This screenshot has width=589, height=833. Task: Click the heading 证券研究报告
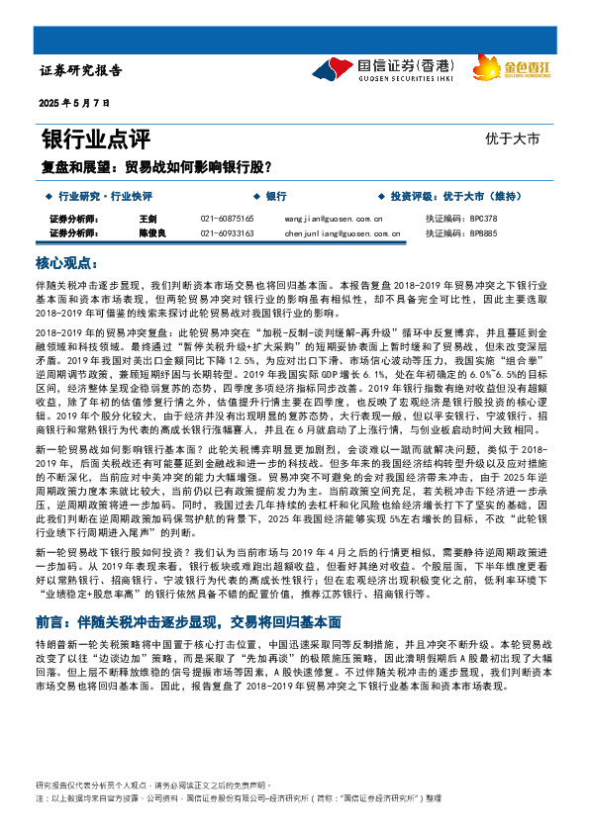tap(80, 71)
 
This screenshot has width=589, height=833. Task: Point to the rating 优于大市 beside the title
tap(513, 139)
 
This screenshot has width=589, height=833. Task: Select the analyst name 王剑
tap(148, 218)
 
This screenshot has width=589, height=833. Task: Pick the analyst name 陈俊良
tap(151, 233)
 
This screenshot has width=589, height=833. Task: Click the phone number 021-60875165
tap(227, 218)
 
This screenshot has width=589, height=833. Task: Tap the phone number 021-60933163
tap(227, 233)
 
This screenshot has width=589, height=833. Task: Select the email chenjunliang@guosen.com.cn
tap(341, 233)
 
